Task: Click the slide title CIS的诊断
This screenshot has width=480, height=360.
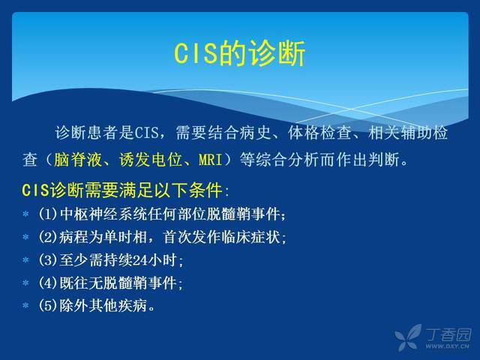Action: coord(240,53)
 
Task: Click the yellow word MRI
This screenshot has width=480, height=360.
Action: coord(211,160)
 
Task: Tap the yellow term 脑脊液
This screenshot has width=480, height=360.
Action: coord(77,160)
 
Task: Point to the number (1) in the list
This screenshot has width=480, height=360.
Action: coord(48,214)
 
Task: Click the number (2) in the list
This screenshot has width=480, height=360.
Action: coord(48,237)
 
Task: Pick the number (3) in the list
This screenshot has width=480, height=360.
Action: coord(48,260)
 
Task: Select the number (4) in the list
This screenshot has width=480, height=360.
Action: coord(48,283)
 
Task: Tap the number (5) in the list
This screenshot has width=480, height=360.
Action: coord(48,305)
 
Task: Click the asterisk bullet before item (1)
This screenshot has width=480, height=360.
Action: coord(25,214)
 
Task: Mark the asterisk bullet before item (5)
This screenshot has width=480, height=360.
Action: coord(25,305)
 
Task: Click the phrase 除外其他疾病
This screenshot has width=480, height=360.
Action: coord(103,305)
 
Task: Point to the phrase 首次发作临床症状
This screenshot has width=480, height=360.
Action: coord(221,237)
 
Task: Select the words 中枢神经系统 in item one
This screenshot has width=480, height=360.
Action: coord(103,214)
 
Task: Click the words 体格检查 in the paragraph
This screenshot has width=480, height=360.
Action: coord(319,133)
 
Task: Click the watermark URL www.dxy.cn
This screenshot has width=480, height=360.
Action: coord(447,346)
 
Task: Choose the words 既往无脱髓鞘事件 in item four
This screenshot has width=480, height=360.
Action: coord(118,283)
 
